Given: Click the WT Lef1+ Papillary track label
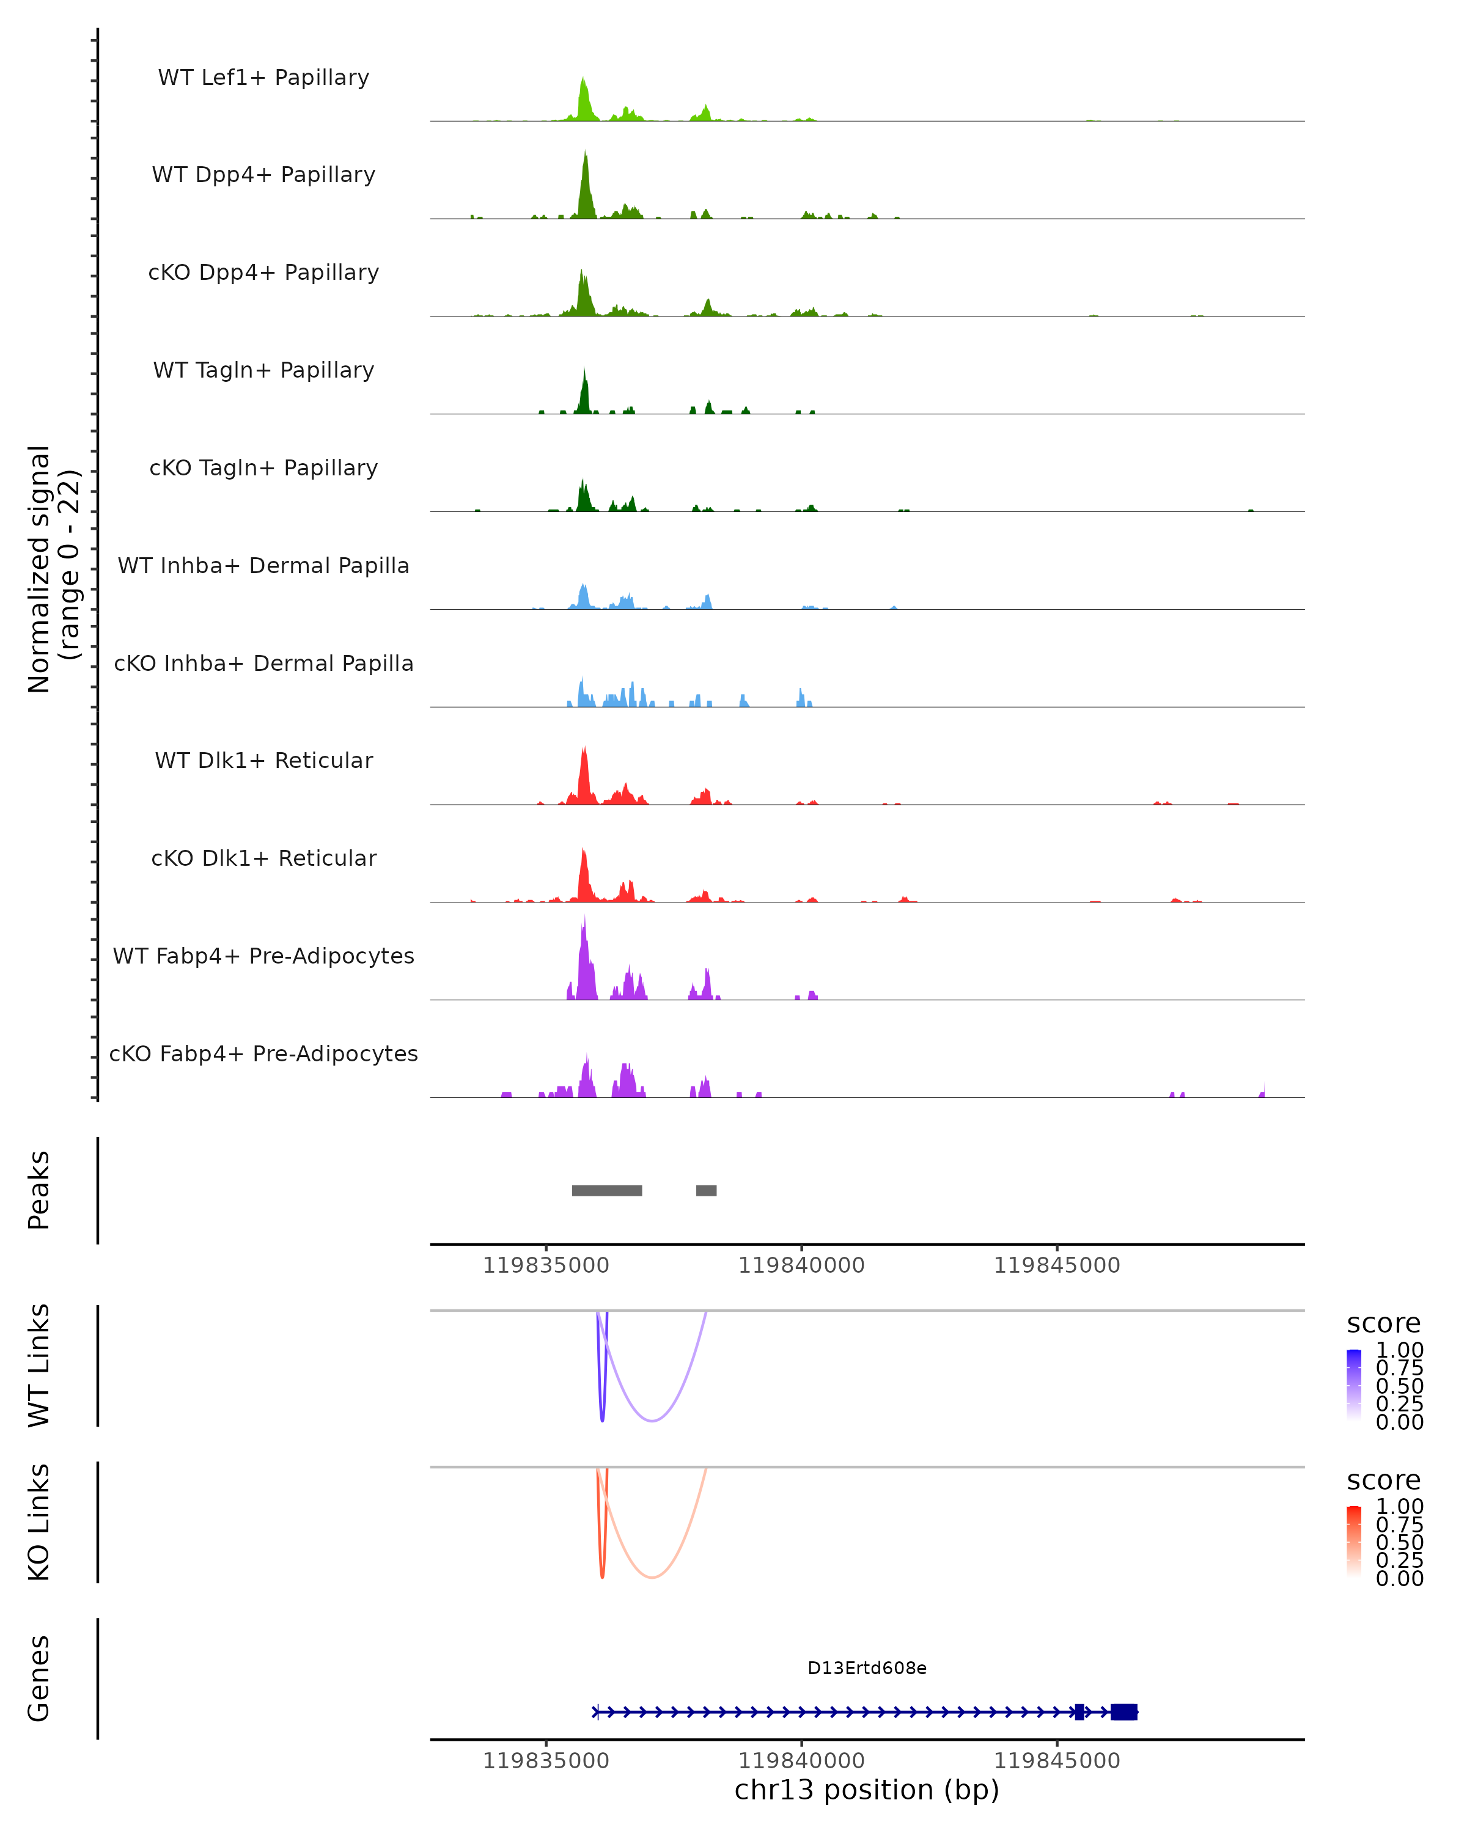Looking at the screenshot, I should [x=263, y=78].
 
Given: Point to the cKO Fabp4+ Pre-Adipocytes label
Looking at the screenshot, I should [x=263, y=1053].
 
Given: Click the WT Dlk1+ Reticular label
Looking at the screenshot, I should [x=263, y=760].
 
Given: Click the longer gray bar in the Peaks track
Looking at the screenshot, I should [x=606, y=1190].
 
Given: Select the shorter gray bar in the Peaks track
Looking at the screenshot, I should [x=706, y=1190].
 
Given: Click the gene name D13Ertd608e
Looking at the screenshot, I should [x=867, y=1668].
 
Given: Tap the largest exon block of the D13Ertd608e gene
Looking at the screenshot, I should [x=1123, y=1712].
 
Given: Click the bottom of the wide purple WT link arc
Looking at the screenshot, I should [x=652, y=1421].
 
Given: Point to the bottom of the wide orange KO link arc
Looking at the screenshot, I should [x=652, y=1577].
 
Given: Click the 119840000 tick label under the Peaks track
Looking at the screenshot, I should [x=801, y=1265].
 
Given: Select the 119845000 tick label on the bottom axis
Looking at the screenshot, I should [x=1057, y=1761].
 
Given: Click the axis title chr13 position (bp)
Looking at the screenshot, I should [x=867, y=1790].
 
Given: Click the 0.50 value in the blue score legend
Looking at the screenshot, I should [x=1400, y=1386].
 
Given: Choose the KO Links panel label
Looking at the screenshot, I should [x=39, y=1523].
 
